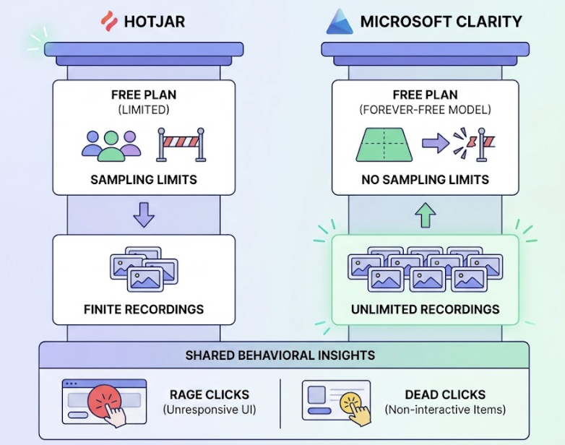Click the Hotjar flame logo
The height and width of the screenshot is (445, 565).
[x=108, y=20]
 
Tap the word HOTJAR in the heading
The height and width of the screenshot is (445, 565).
[x=155, y=21]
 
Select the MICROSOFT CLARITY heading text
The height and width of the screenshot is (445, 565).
[x=441, y=21]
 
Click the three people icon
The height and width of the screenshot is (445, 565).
[x=111, y=144]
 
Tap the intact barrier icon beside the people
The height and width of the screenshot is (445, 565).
[x=181, y=144]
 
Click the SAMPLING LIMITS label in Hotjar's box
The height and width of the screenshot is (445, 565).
[x=144, y=179]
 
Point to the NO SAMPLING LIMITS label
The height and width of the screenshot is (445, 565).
[x=425, y=179]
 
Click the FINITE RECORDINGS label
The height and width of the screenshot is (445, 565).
[x=144, y=309]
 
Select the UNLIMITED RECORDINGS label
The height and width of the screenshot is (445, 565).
[x=425, y=309]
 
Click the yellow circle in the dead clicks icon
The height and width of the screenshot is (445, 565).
[x=351, y=399]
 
